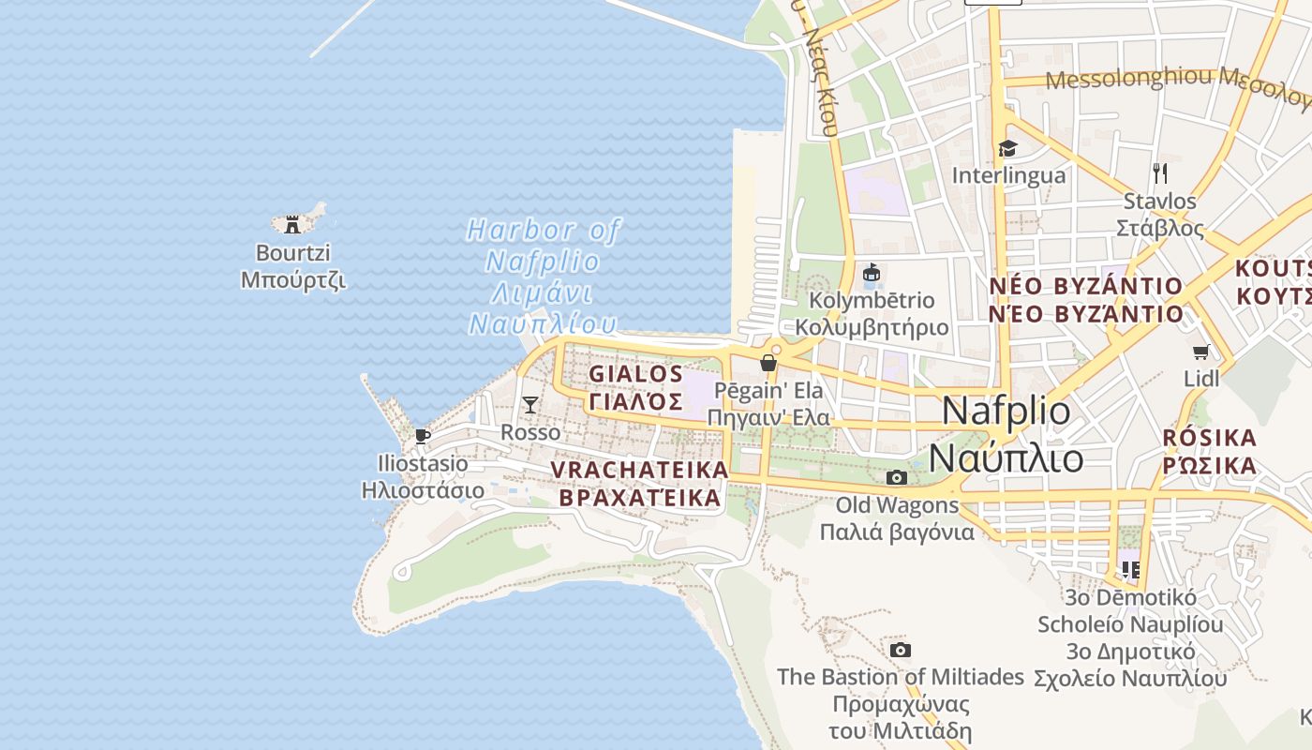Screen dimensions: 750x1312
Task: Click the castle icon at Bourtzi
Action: (x=292, y=224)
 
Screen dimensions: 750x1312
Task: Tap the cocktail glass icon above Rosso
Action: (x=530, y=405)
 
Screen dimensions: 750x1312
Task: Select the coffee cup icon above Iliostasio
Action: (x=422, y=436)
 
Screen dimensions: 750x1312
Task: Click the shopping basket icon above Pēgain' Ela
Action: (x=768, y=363)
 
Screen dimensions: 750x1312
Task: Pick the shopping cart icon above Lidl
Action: (x=1200, y=352)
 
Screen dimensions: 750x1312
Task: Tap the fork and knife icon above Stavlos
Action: (x=1160, y=173)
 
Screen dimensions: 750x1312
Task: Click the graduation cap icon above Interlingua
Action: (x=1007, y=148)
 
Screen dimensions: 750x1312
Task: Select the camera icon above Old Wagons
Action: (x=897, y=477)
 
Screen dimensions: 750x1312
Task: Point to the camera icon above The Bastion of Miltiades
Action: (x=900, y=650)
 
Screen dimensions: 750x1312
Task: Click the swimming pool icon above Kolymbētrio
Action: (x=872, y=273)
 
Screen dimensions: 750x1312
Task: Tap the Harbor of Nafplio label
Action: (x=544, y=231)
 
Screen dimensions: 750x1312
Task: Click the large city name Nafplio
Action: (x=1006, y=411)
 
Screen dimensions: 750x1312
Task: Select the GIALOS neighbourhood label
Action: (x=636, y=374)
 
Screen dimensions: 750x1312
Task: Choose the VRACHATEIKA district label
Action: (x=640, y=470)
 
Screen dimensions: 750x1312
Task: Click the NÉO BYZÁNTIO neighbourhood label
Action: (x=1086, y=286)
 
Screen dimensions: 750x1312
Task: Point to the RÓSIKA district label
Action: (x=1209, y=438)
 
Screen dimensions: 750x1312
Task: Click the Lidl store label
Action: (x=1201, y=379)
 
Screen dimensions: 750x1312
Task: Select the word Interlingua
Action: (x=1008, y=175)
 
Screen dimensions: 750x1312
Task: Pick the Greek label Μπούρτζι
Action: (x=293, y=280)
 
